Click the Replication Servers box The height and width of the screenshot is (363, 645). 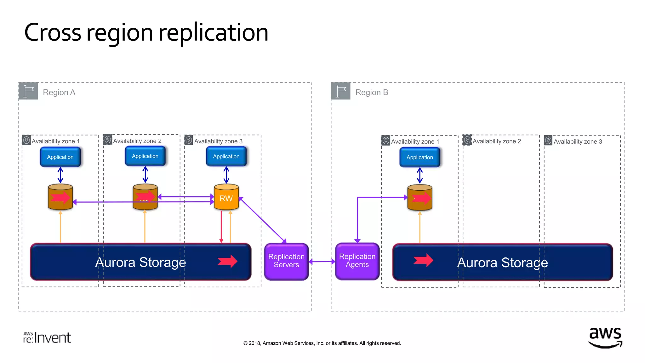coord(286,261)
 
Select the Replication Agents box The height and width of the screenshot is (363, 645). coord(357,261)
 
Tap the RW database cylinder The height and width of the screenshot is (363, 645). coord(226,198)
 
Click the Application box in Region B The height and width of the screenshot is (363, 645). coord(420,157)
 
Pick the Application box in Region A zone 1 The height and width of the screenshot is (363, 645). coord(60,157)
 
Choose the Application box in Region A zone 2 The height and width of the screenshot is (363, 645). coord(145,156)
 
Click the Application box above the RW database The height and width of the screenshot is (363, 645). coord(226,156)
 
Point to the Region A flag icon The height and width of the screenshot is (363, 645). coord(28,91)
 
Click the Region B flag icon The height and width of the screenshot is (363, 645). coord(341,91)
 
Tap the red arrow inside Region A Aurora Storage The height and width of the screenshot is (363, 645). coord(227,261)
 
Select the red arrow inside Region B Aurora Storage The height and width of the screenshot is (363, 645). coord(423,260)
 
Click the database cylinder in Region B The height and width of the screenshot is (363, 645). coord(420,198)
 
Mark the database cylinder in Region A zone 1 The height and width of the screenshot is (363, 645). coord(60,197)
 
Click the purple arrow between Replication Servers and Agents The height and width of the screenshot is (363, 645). coord(322,262)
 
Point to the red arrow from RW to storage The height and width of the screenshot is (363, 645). coord(221,227)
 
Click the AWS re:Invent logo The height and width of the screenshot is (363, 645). coord(47,337)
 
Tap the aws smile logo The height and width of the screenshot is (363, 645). coord(605,337)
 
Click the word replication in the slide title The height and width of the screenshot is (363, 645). coord(213,33)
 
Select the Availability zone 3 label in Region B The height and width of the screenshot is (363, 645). coord(578,141)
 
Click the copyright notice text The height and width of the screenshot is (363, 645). coord(322,343)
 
